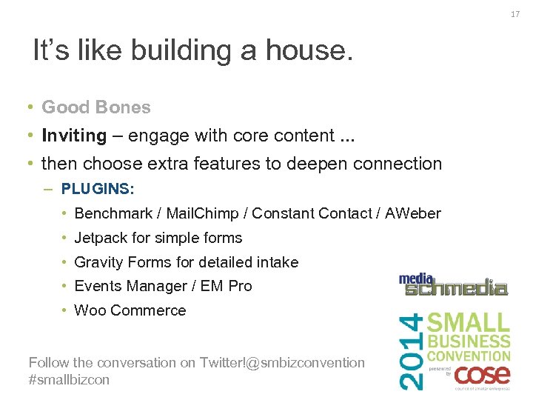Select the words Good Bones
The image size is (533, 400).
click(x=95, y=107)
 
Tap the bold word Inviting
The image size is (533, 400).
click(x=74, y=136)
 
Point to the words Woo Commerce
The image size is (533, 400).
click(x=130, y=310)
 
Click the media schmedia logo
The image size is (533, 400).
click(x=453, y=285)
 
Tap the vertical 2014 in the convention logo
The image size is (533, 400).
click(x=413, y=350)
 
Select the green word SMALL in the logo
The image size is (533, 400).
click(x=469, y=323)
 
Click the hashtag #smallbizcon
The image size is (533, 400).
click(x=69, y=379)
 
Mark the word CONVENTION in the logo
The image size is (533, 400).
click(x=469, y=356)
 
